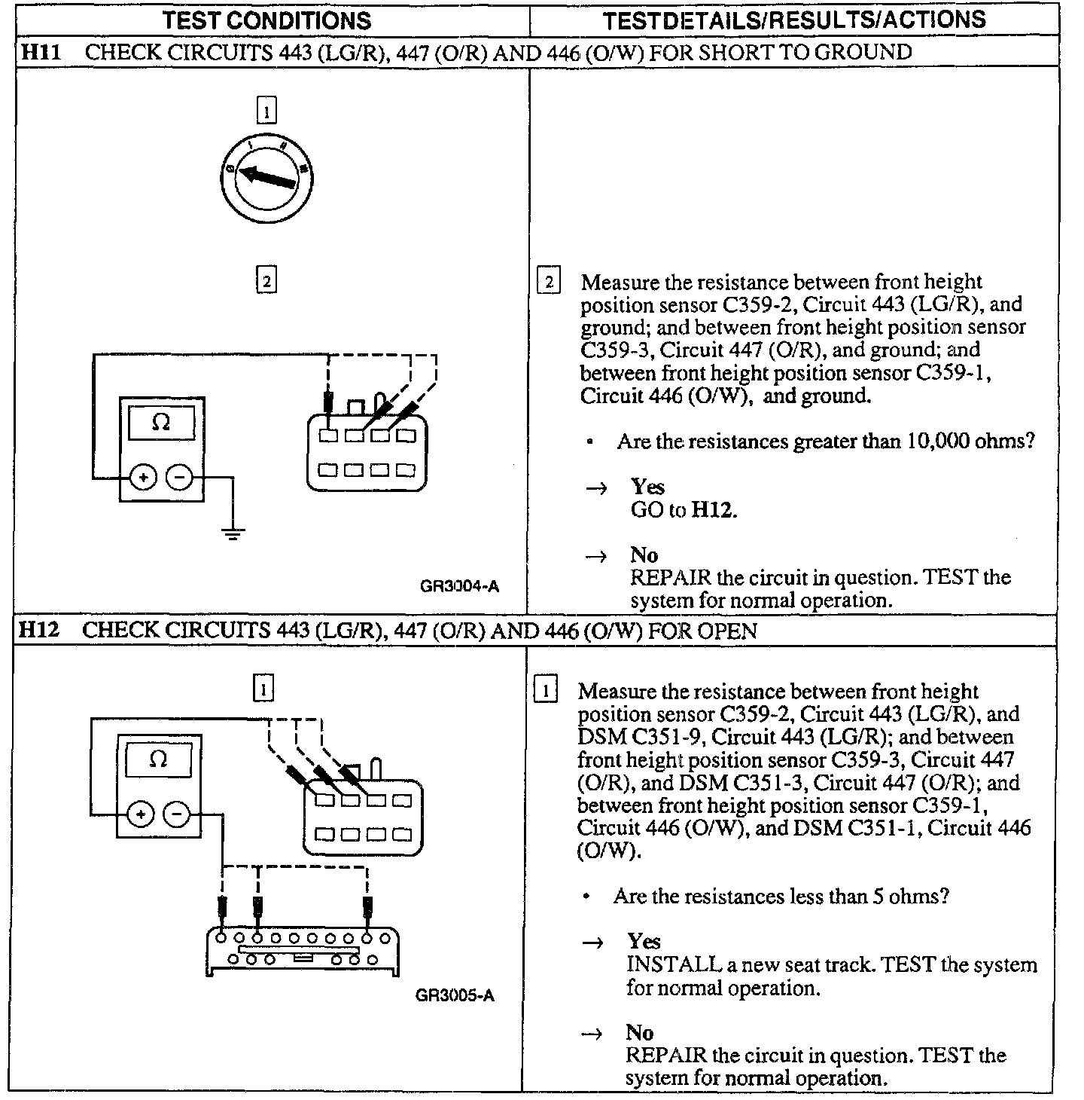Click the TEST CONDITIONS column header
tap(266, 20)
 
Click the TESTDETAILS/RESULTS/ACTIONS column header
tap(794, 20)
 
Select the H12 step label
tap(38, 629)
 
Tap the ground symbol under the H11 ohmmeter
tap(233, 534)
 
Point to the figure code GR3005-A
tap(455, 995)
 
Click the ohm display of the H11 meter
tap(161, 423)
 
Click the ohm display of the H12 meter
tap(158, 759)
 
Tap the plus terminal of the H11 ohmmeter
tap(142, 478)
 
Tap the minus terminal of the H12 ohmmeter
tap(177, 814)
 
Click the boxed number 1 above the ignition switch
tap(266, 112)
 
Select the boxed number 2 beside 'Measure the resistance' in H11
tap(548, 283)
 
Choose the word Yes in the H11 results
tap(647, 487)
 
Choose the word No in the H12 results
tap(639, 1032)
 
